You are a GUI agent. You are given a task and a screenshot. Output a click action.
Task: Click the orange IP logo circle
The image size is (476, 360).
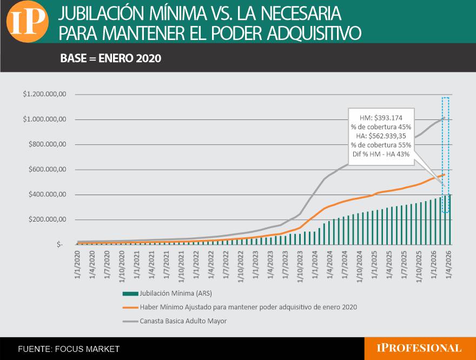tap(28, 21)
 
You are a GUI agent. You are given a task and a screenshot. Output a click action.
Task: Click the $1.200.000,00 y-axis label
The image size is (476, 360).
tap(44, 94)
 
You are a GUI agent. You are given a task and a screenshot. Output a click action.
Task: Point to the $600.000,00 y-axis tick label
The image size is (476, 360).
tap(48, 169)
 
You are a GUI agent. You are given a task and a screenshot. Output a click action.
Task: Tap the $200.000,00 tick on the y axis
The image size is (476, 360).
tap(48, 219)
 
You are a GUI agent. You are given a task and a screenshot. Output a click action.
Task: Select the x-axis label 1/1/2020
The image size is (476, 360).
tap(77, 264)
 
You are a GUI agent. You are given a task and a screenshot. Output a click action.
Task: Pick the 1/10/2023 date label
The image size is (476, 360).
tap(300, 266)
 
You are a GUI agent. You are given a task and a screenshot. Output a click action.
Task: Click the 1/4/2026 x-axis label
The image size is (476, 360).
tap(448, 264)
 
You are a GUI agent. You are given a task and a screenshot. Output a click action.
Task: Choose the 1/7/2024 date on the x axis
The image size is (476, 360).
tap(345, 264)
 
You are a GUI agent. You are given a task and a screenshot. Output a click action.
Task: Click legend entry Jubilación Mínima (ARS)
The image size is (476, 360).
tap(176, 294)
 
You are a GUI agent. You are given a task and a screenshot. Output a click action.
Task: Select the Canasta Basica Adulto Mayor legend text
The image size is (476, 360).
tap(183, 321)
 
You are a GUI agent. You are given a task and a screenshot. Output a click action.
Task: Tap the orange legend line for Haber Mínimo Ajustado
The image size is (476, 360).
tap(130, 307)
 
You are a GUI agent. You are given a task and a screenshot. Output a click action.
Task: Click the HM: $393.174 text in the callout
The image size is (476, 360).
tap(381, 118)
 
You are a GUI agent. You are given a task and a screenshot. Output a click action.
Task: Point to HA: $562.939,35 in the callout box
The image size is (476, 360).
tap(381, 136)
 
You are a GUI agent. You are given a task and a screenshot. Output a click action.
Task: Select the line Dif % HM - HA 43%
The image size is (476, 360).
tap(381, 154)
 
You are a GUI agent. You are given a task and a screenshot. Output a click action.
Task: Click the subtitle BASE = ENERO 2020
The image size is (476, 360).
tap(110, 58)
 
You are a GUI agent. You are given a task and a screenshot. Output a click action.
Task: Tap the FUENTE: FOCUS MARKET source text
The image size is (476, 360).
tap(69, 349)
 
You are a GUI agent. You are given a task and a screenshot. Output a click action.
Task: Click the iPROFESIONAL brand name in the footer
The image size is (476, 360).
tap(419, 348)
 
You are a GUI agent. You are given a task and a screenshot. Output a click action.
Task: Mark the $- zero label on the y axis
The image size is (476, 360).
tap(59, 244)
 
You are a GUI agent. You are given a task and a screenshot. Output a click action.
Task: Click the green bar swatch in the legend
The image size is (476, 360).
tap(130, 294)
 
